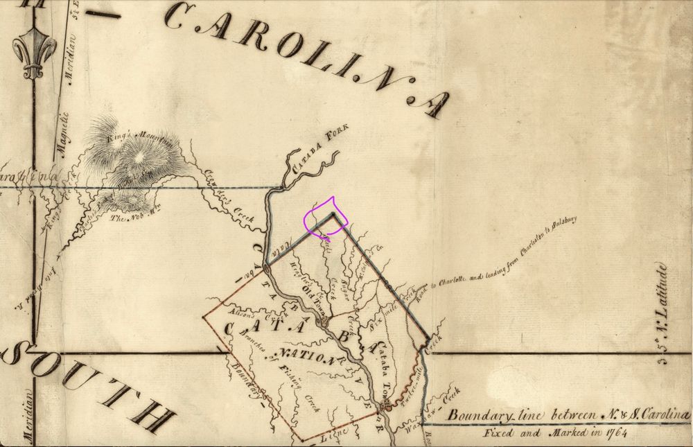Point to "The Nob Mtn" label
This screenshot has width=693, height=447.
coord(131,220)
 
